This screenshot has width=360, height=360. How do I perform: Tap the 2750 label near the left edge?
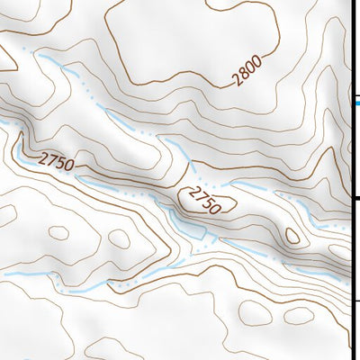[56, 161]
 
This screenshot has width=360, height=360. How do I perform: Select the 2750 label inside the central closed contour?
[202, 199]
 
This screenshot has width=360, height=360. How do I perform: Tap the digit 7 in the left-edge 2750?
[50, 159]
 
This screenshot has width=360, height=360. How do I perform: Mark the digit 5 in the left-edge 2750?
[59, 163]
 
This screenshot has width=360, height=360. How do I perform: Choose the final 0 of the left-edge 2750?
[68, 166]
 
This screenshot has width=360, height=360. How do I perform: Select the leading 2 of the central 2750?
[189, 191]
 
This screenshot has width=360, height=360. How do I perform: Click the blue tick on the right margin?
[355, 103]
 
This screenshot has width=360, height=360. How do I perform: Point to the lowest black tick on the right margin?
[355, 301]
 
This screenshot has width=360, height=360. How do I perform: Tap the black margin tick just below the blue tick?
[355, 198]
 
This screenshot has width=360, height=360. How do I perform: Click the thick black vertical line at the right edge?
[350, 180]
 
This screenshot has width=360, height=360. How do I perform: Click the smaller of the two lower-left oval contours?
[59, 231]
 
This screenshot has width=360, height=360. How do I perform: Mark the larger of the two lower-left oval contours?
[118, 239]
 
